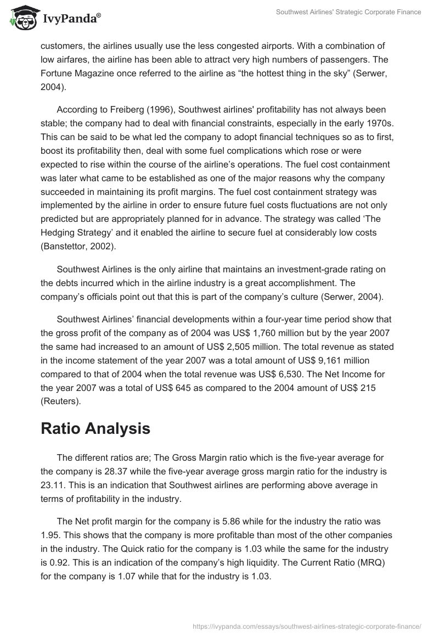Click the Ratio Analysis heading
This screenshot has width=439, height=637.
point(95,429)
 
